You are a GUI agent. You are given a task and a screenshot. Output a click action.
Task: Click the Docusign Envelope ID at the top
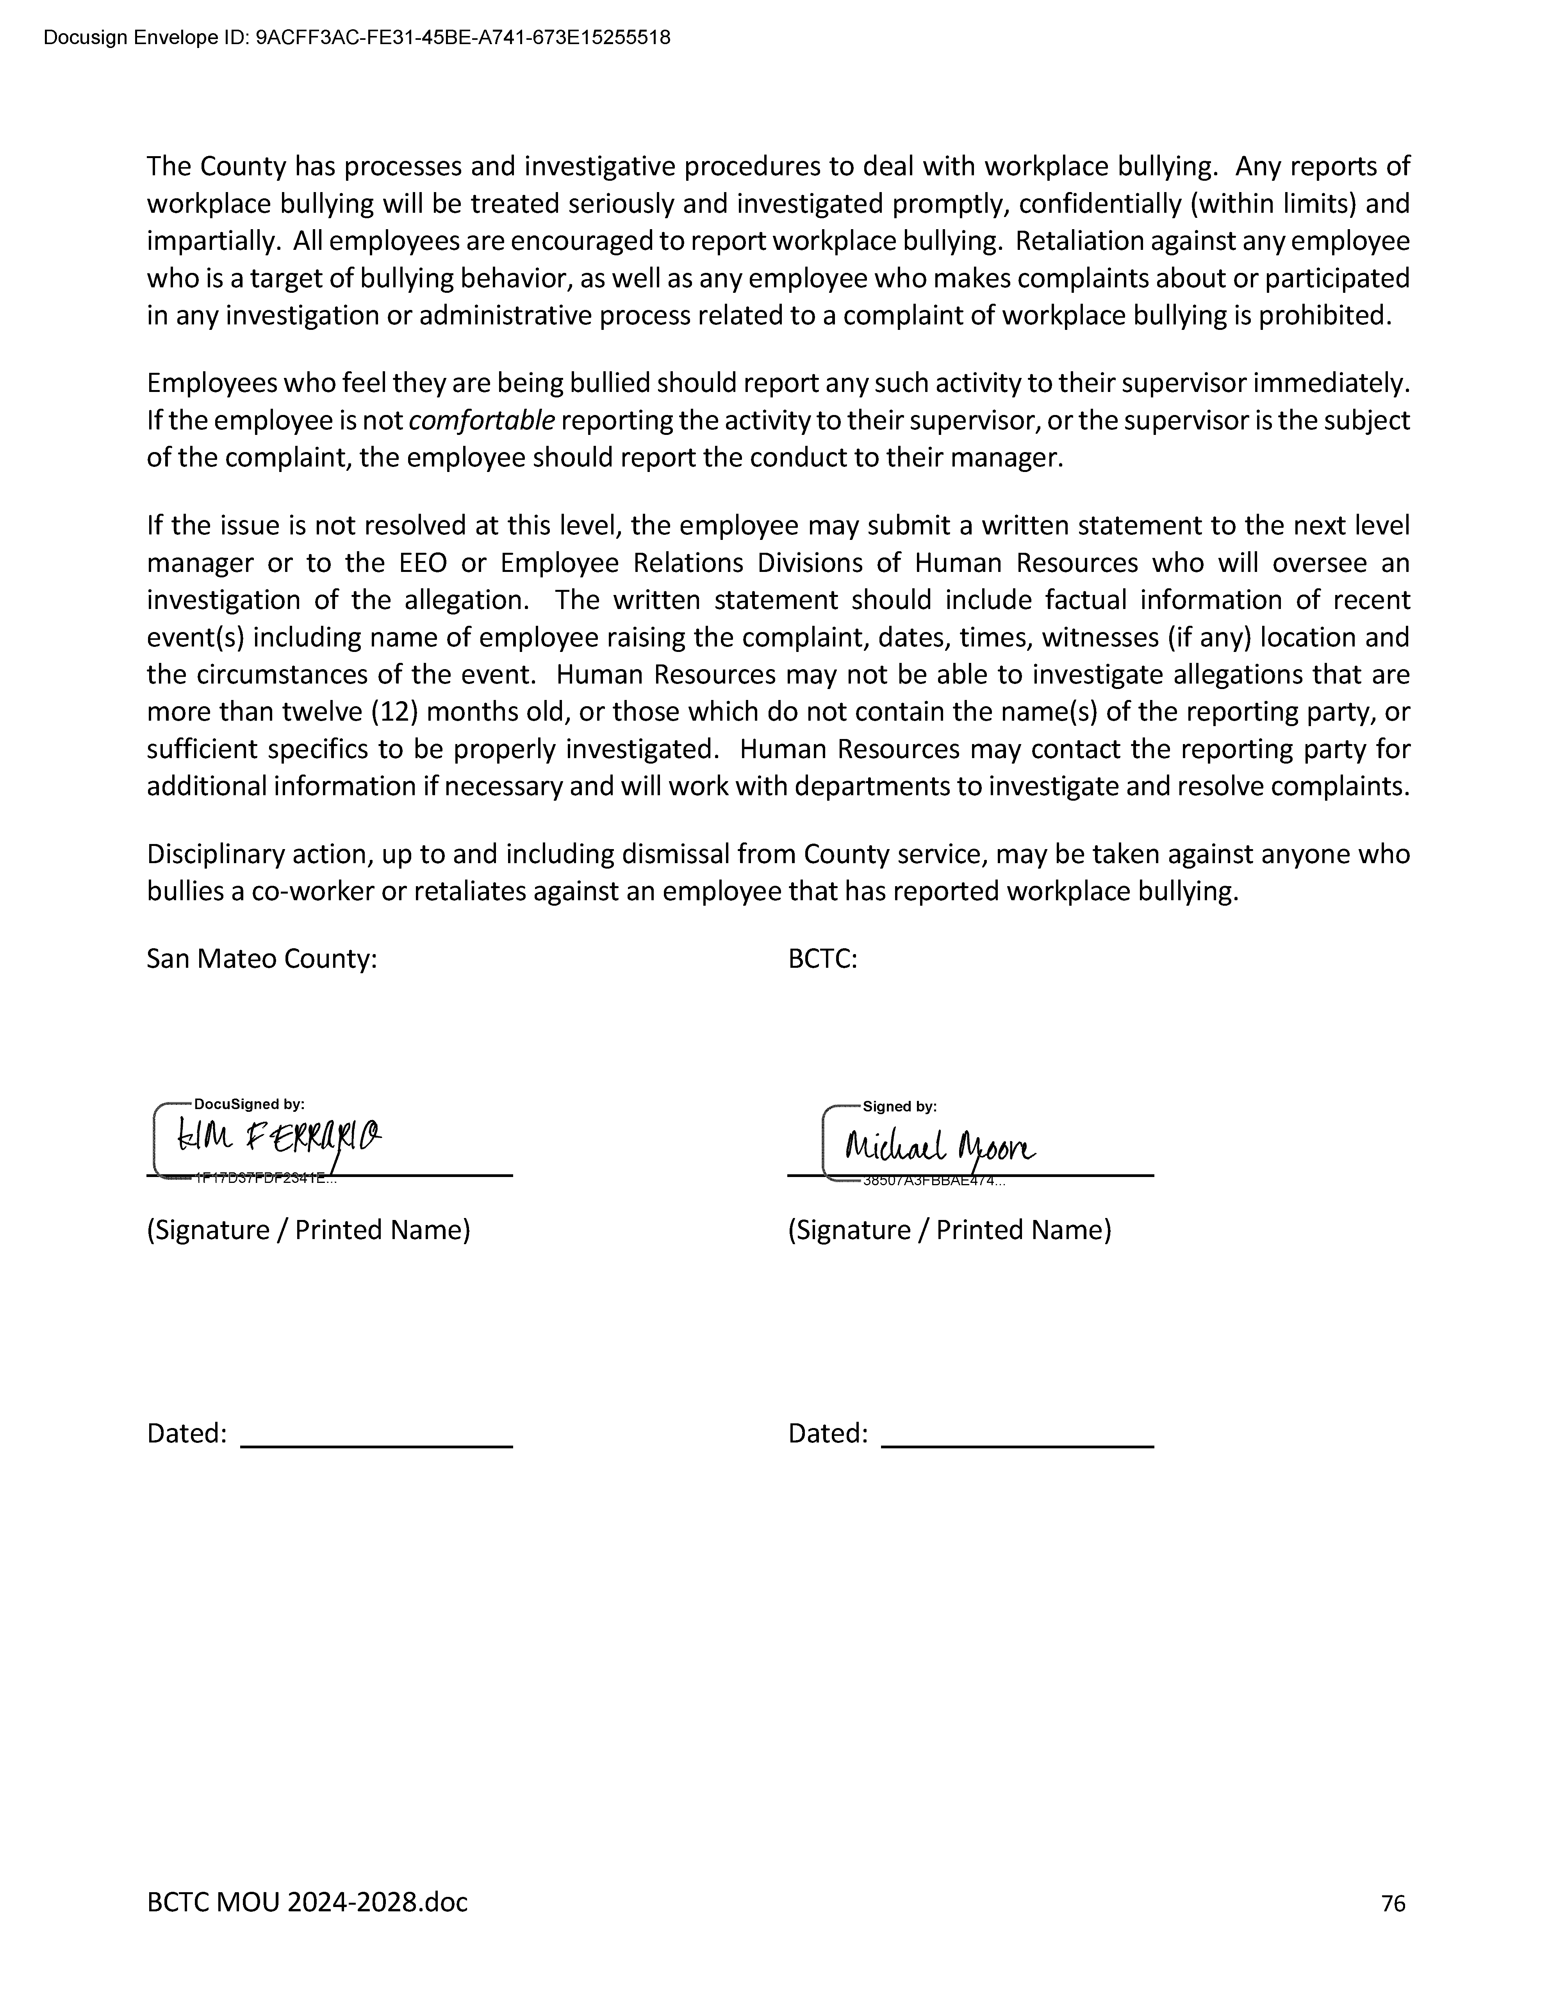[x=357, y=38]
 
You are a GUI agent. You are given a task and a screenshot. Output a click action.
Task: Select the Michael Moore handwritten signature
[x=939, y=1146]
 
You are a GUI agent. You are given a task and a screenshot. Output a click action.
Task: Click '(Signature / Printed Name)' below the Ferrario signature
[x=308, y=1230]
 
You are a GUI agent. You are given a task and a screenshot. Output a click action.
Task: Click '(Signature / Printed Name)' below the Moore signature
[x=949, y=1230]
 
